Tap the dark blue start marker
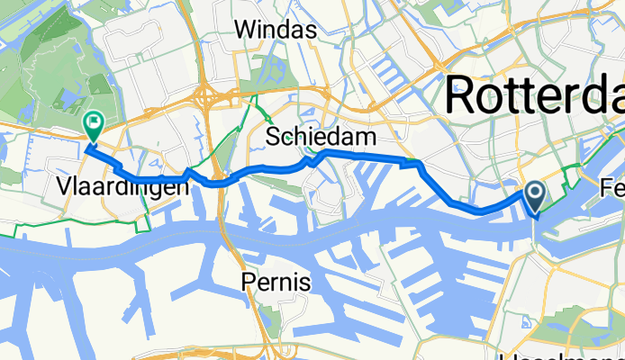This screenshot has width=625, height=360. pyautogui.click(x=534, y=196)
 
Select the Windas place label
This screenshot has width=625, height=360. pyautogui.click(x=276, y=30)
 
